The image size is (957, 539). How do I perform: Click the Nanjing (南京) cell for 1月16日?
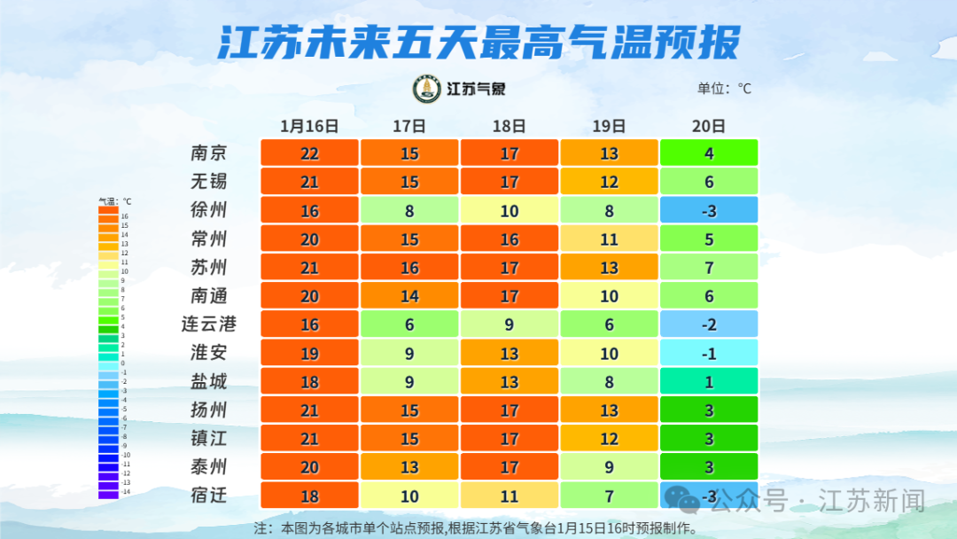[x=309, y=153]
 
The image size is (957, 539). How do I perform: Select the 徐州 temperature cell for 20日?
[x=709, y=210]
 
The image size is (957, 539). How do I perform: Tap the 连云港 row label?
[x=209, y=324]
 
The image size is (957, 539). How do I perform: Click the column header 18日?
[x=509, y=126]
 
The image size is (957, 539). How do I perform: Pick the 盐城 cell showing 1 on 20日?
[x=709, y=381]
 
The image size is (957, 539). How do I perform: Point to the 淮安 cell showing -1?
[x=709, y=353]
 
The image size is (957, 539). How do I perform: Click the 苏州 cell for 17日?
[x=409, y=267]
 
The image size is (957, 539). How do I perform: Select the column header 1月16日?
[x=309, y=126]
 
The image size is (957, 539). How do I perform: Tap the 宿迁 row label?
[x=209, y=495]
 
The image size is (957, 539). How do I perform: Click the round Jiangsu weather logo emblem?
[x=427, y=89]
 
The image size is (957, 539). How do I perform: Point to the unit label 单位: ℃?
[x=724, y=89]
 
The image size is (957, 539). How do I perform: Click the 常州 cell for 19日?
[x=609, y=238]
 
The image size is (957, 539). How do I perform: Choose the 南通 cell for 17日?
[x=409, y=295]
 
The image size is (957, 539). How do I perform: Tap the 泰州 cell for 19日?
[x=609, y=466]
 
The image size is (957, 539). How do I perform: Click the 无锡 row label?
[x=209, y=182]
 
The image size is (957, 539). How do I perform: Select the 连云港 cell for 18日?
[x=509, y=324]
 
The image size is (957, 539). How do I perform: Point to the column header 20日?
[x=709, y=126]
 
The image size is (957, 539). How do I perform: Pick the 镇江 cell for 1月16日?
[x=309, y=438]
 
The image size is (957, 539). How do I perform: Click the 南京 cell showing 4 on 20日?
[x=709, y=153]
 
